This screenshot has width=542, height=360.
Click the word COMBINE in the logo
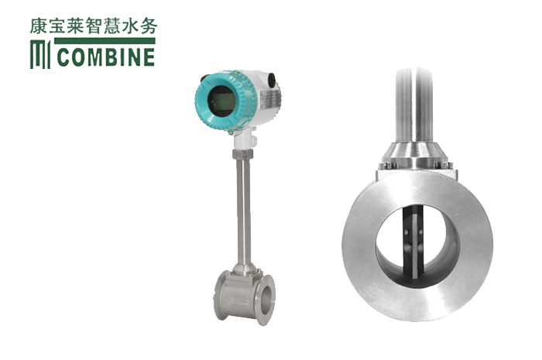pos(106,57)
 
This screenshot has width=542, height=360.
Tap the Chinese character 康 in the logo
pos(39,26)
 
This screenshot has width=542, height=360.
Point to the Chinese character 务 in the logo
pos(149,26)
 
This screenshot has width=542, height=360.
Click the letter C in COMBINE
pos(63,57)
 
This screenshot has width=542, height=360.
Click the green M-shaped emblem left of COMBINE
pos(40,55)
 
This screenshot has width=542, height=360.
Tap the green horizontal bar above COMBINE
pos(105,41)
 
